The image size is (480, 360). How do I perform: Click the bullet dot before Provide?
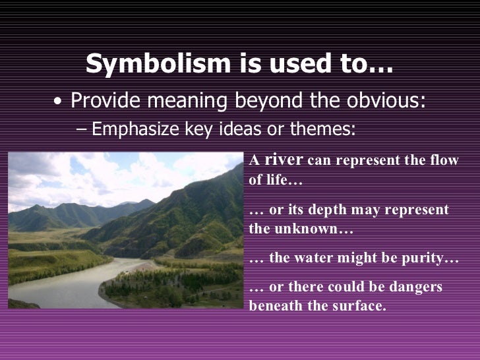[x=60, y=103]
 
